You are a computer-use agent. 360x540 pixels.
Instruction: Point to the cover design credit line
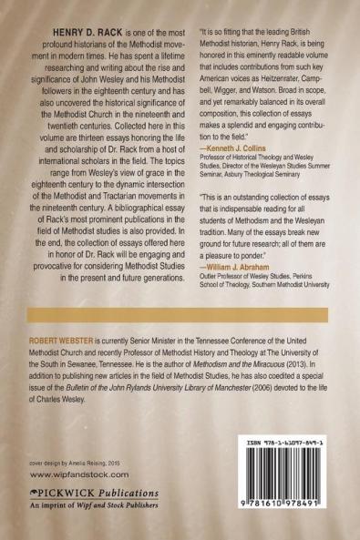click(x=62, y=462)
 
